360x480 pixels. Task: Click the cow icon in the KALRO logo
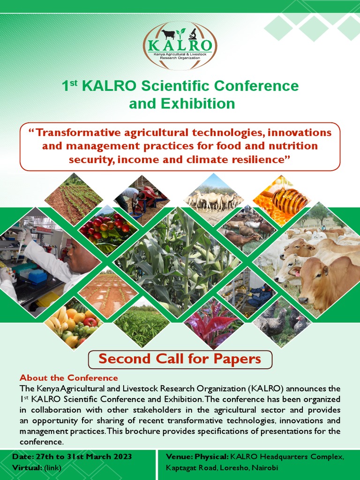pyautogui.click(x=168, y=34)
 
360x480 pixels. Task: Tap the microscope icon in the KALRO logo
pyautogui.click(x=192, y=34)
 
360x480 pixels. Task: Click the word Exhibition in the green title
pyautogui.click(x=182, y=103)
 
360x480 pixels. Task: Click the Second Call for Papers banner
pyautogui.click(x=180, y=359)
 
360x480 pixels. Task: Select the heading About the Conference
pyautogui.click(x=69, y=378)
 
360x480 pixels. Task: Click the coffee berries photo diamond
pyautogui.click(x=108, y=228)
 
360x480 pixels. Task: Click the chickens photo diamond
pyautogui.click(x=282, y=323)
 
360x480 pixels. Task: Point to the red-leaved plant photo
pyautogui.click(x=213, y=323)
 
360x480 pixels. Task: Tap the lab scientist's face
pyautogui.click(x=75, y=253)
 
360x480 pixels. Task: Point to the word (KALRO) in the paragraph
pyautogui.click(x=262, y=389)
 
